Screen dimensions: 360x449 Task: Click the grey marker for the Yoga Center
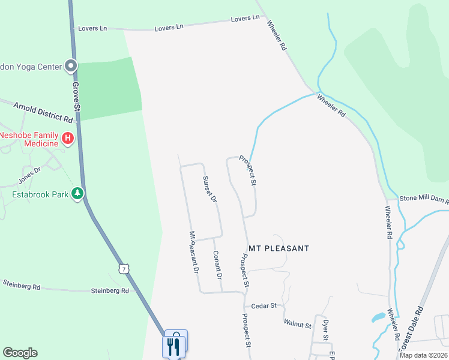pos(71,66)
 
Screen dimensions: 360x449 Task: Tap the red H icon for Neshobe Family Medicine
pos(68,139)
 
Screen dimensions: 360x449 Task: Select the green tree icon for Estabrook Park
pos(77,194)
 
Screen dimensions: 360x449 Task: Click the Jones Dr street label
pos(29,175)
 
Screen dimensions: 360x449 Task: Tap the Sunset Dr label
pos(209,189)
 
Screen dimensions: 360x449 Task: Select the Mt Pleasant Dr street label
pos(193,253)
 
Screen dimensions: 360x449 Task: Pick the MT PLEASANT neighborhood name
pos(279,248)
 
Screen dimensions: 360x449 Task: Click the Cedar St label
pos(264,305)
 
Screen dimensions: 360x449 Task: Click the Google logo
pos(20,353)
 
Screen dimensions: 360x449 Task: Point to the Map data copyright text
pos(423,355)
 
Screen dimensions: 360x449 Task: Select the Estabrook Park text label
pos(40,194)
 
